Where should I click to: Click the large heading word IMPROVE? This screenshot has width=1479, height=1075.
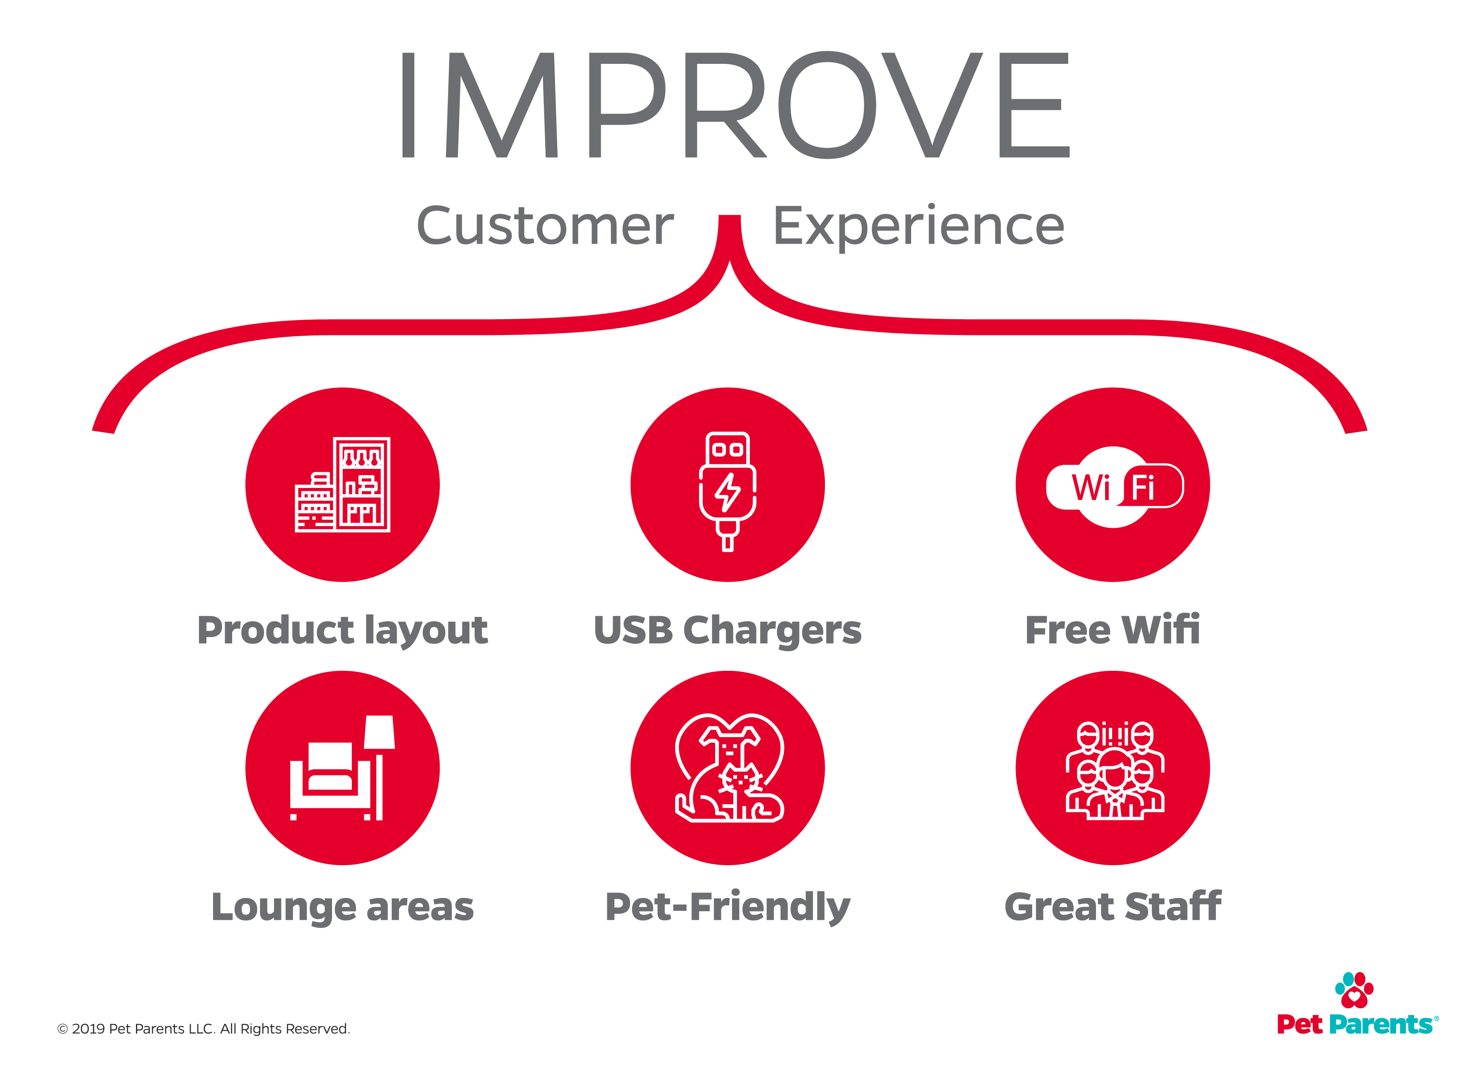click(736, 105)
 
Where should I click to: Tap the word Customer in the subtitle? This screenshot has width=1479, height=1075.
click(545, 226)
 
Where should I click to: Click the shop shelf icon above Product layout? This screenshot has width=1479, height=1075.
click(342, 485)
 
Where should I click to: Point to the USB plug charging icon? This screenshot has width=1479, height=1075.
click(728, 492)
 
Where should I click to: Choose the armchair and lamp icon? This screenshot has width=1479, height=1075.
click(342, 768)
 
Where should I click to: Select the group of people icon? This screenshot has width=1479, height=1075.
click(1115, 770)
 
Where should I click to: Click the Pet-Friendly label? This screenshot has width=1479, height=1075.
click(728, 908)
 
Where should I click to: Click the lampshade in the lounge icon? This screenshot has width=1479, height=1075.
click(379, 732)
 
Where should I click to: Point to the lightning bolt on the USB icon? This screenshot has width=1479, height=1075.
click(728, 493)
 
